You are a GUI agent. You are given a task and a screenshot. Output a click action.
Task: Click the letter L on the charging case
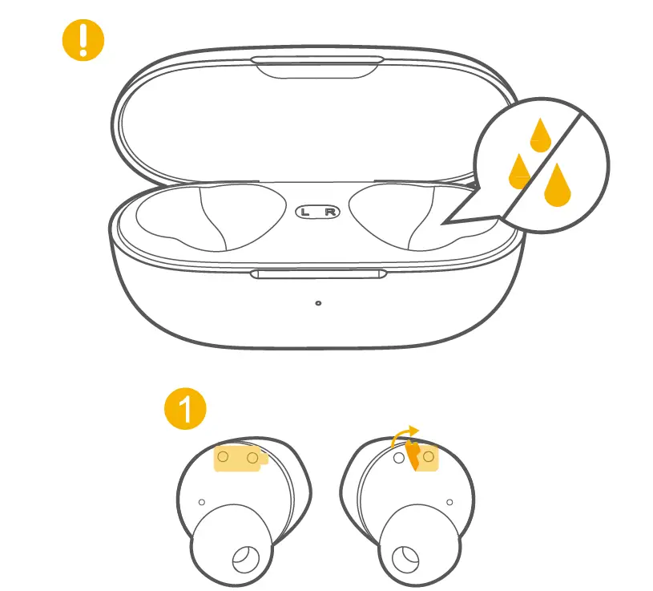(308, 213)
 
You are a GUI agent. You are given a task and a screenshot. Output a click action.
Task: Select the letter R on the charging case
(330, 213)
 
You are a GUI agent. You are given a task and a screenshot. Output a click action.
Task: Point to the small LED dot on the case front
(319, 303)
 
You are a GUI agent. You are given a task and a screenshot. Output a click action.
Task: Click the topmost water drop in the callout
(542, 136)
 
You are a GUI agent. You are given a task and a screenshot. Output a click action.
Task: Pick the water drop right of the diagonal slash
(557, 184)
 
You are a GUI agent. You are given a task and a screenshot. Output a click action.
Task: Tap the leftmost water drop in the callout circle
(521, 169)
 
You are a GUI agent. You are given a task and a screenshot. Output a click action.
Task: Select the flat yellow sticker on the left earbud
(239, 458)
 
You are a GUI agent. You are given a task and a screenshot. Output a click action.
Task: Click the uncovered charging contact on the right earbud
(398, 458)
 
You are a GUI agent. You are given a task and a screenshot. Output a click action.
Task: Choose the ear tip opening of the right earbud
(406, 558)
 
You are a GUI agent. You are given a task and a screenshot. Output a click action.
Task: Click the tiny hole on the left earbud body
(201, 502)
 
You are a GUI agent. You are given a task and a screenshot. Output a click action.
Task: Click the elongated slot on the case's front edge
(318, 274)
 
